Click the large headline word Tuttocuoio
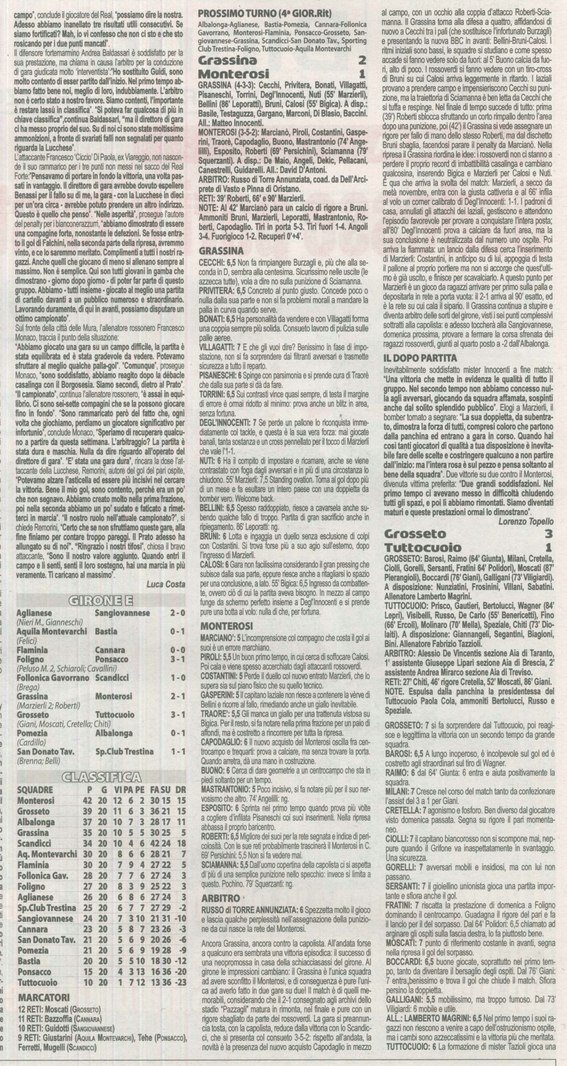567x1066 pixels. (420, 547)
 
